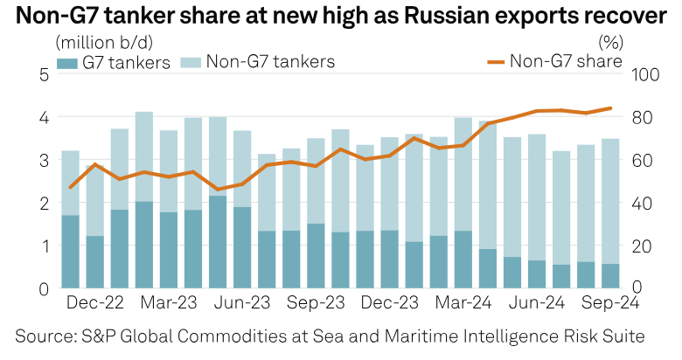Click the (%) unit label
point(609,41)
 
